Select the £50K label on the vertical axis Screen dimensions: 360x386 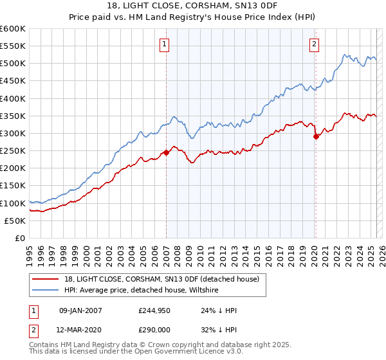[15, 221]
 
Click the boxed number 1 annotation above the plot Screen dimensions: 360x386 [165, 44]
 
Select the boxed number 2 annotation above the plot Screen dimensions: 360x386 [314, 44]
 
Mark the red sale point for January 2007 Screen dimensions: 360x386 [166, 152]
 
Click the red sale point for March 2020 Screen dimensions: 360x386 [316, 136]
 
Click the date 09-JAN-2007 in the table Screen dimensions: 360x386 [80, 310]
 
